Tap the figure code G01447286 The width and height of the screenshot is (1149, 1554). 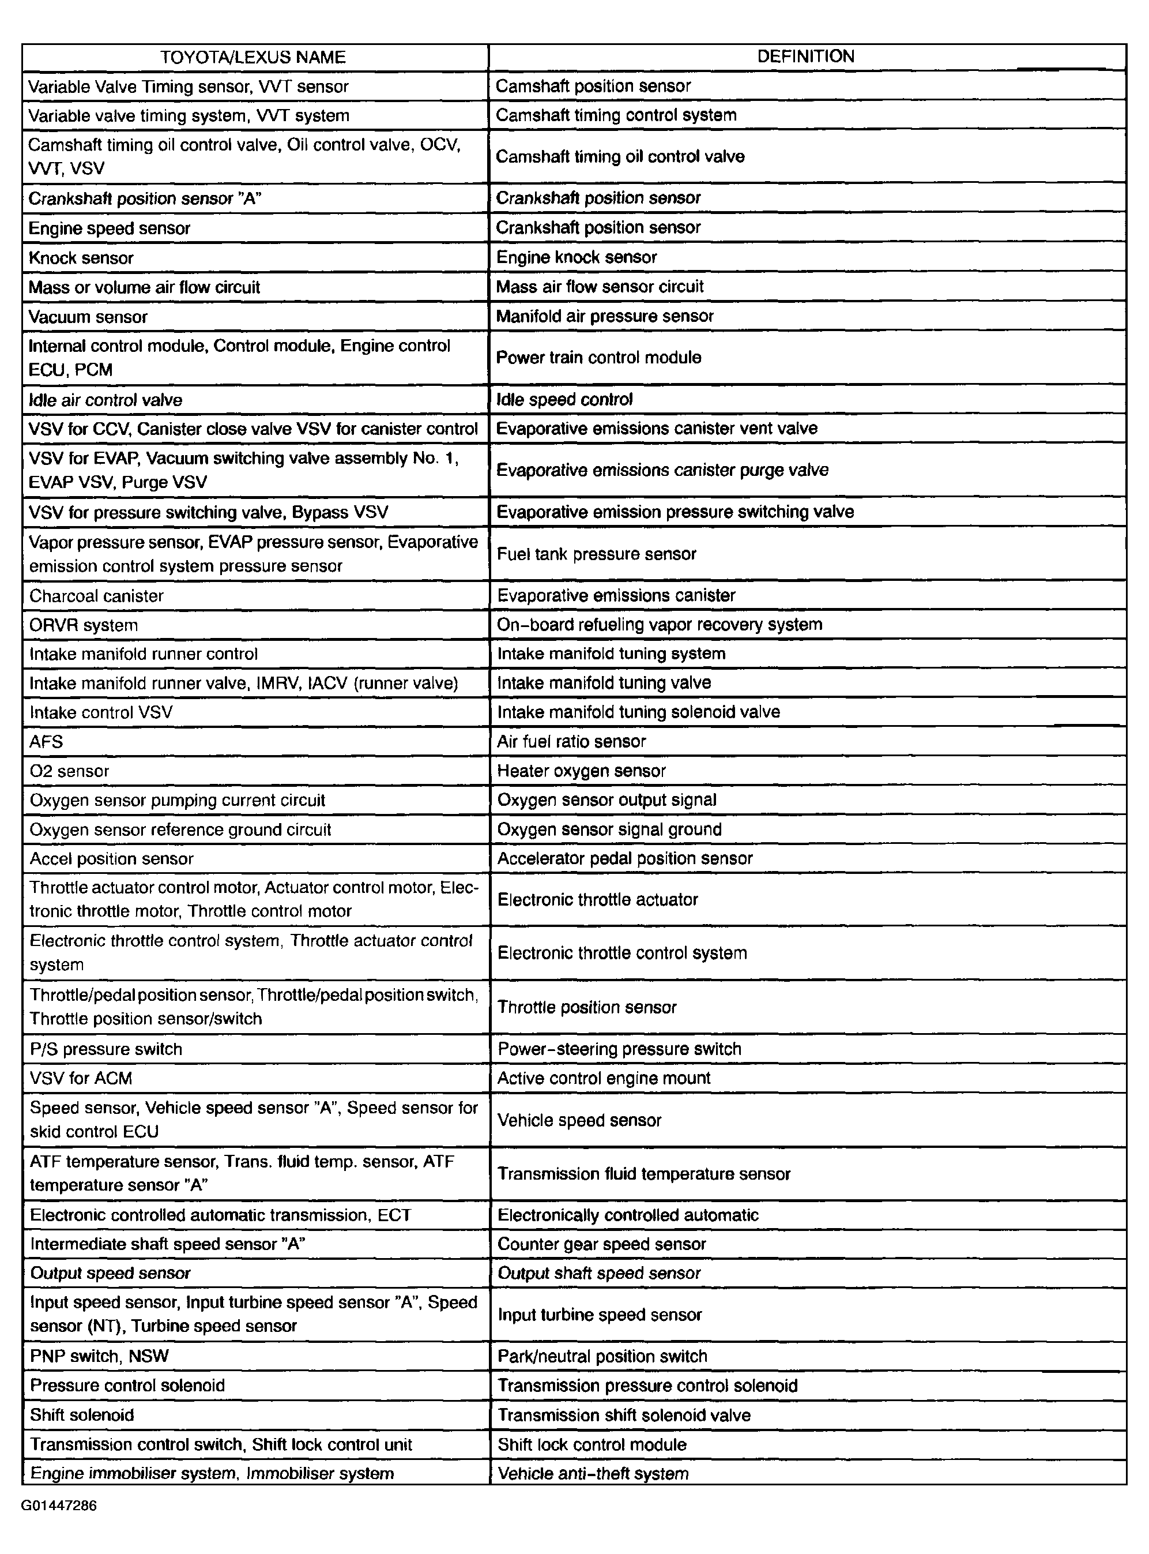click(x=59, y=1506)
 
